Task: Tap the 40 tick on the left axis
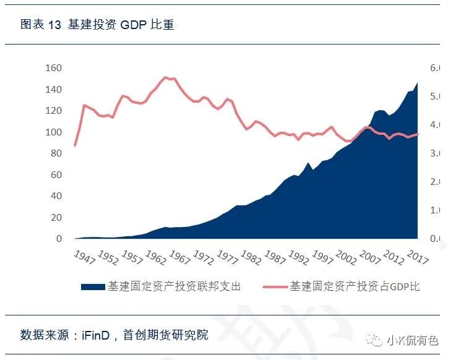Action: coord(56,196)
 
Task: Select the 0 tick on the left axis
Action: coord(59,239)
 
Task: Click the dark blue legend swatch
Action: coord(92,287)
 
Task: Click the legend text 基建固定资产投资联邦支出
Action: coord(174,287)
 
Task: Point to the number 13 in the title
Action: coord(54,25)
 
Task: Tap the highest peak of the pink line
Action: coord(165,77)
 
